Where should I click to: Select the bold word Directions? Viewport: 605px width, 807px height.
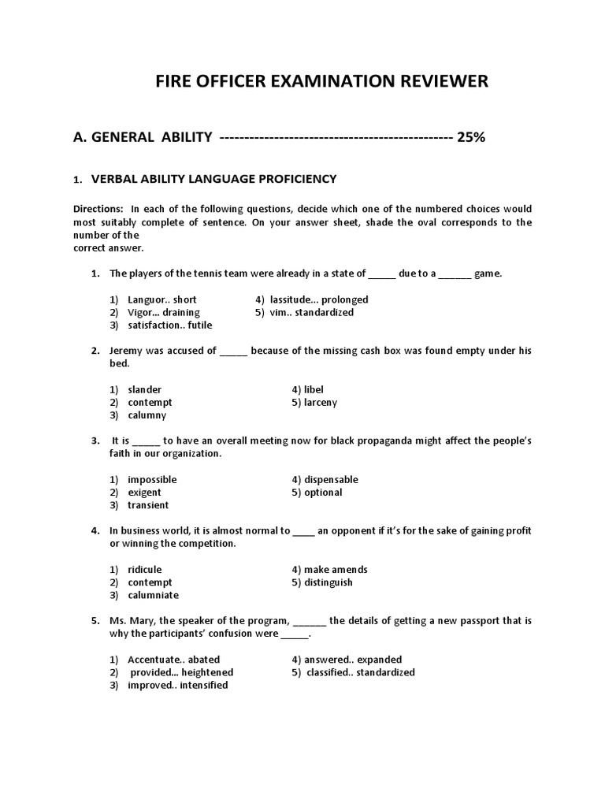[x=98, y=209]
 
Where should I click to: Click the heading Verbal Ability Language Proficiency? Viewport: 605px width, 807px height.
[x=213, y=179]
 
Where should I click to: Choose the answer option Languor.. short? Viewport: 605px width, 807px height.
[x=161, y=299]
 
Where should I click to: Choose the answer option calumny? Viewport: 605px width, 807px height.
[x=147, y=415]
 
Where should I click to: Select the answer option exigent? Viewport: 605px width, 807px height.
[x=144, y=492]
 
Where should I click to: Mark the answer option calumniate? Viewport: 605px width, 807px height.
[x=153, y=595]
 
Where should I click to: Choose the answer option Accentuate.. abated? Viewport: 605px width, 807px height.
[x=173, y=659]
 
